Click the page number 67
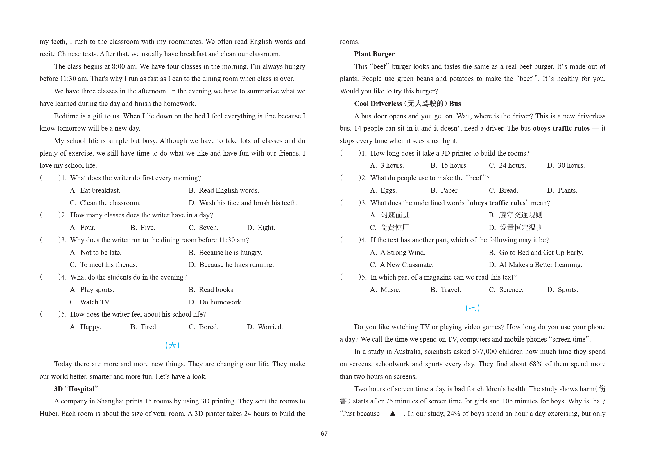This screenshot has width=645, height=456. [x=324, y=434]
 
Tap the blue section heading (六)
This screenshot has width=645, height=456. [x=172, y=345]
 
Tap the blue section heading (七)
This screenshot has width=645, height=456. [x=472, y=308]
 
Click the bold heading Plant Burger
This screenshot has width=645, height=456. [x=374, y=54]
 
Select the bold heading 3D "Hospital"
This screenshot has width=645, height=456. [x=76, y=389]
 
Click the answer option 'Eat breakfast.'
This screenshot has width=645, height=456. [x=100, y=190]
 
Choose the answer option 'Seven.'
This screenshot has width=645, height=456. [x=208, y=228]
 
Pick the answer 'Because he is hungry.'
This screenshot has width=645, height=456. [x=230, y=253]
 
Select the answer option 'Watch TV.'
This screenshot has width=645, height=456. [x=95, y=302]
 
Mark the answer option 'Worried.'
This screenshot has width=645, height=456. [x=270, y=327]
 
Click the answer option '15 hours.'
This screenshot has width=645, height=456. [x=454, y=165]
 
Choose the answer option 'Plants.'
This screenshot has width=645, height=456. [x=567, y=190]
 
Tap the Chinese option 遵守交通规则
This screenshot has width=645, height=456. [x=521, y=215]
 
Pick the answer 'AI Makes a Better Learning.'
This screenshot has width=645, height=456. [x=540, y=265]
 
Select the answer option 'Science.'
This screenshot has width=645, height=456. [x=511, y=290]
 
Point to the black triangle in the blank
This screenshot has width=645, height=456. [x=393, y=413]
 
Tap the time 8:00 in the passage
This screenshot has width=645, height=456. [x=119, y=66]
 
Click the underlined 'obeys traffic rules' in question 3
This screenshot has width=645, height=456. [x=497, y=203]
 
